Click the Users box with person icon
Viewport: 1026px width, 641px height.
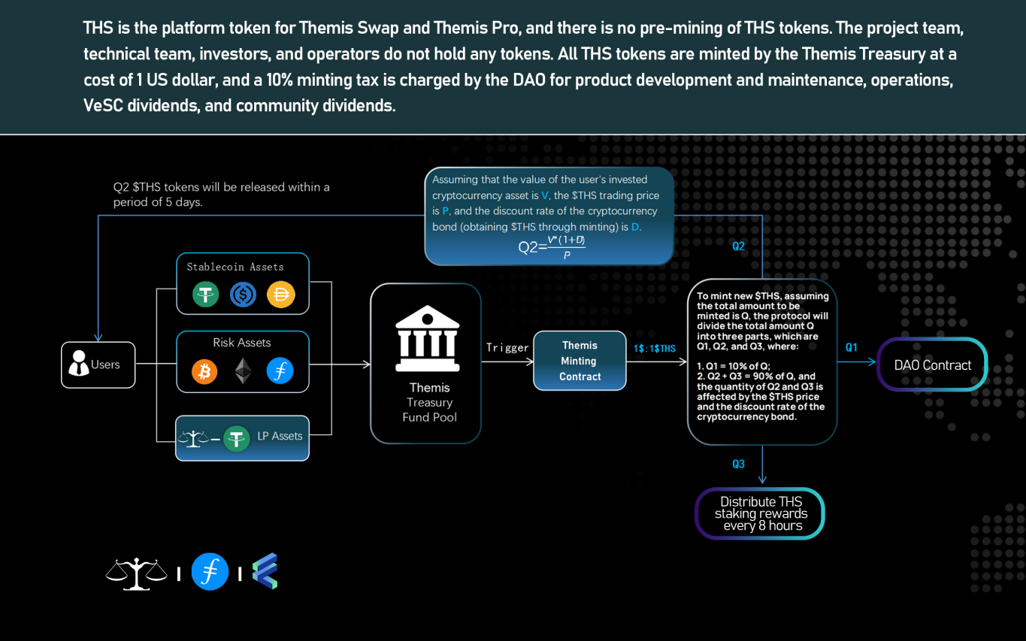click(x=98, y=364)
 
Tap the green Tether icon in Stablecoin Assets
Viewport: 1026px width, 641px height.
click(x=205, y=294)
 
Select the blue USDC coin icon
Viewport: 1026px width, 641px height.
click(x=243, y=294)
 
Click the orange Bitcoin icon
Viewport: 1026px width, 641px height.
click(x=204, y=371)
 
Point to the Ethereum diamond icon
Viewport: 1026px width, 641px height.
click(x=242, y=371)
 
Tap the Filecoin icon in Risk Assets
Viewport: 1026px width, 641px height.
click(x=280, y=371)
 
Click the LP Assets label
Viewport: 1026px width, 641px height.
click(x=280, y=436)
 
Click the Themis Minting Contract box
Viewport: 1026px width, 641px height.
click(x=580, y=361)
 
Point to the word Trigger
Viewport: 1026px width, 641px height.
click(x=507, y=347)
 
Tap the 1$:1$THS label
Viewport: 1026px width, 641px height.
click(x=655, y=348)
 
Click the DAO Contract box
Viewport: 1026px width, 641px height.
click(x=932, y=365)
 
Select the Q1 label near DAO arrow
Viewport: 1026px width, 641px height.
click(x=851, y=347)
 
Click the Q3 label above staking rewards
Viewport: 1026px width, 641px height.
click(x=738, y=464)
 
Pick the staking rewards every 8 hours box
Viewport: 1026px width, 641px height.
click(x=760, y=514)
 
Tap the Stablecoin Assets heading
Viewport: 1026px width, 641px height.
click(x=235, y=267)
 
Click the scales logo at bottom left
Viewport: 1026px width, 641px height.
click(x=136, y=573)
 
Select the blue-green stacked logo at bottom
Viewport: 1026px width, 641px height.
click(x=265, y=571)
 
